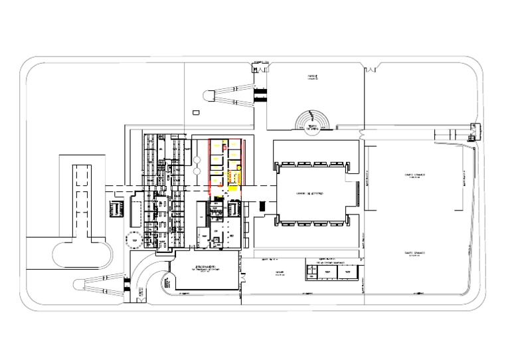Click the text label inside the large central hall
click(x=309, y=194)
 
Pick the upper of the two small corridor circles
click(x=197, y=161)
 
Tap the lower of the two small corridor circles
click(x=197, y=173)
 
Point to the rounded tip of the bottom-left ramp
click(x=84, y=286)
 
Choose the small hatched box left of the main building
click(x=117, y=209)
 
